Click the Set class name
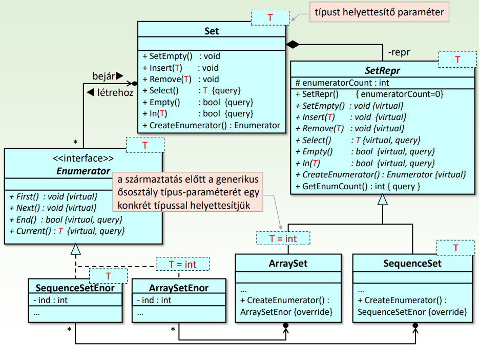tap(211, 31)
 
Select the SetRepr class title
tap(382, 70)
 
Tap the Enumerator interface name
tap(84, 171)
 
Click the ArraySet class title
tap(287, 264)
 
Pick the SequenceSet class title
tap(412, 264)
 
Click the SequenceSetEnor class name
tap(72, 288)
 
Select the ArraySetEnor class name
tap(178, 288)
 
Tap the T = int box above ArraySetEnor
tap(183, 264)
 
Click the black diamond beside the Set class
tap(292, 45)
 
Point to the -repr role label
tap(399, 52)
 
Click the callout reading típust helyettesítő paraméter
tap(379, 12)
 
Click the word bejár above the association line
tap(104, 76)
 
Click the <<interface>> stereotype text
tap(84, 159)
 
